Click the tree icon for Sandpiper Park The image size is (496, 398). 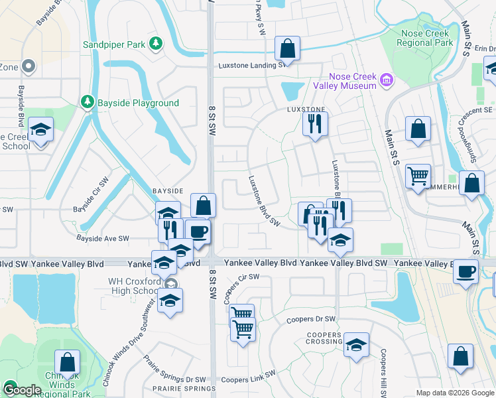pos(156,44)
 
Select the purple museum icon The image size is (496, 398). pos(387,82)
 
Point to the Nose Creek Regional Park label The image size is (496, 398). pos(424,38)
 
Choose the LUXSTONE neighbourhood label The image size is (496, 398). pos(306,109)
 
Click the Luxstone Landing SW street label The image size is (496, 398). pos(252,65)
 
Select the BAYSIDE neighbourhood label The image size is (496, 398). pos(167,190)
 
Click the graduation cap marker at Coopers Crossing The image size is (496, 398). pos(356,345)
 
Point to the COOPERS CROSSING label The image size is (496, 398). pos(324,338)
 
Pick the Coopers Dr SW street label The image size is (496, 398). pos(311,319)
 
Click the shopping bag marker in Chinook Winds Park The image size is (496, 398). pos(67,363)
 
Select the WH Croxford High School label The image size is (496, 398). pos(134,286)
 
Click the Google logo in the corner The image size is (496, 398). pos(21,391)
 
